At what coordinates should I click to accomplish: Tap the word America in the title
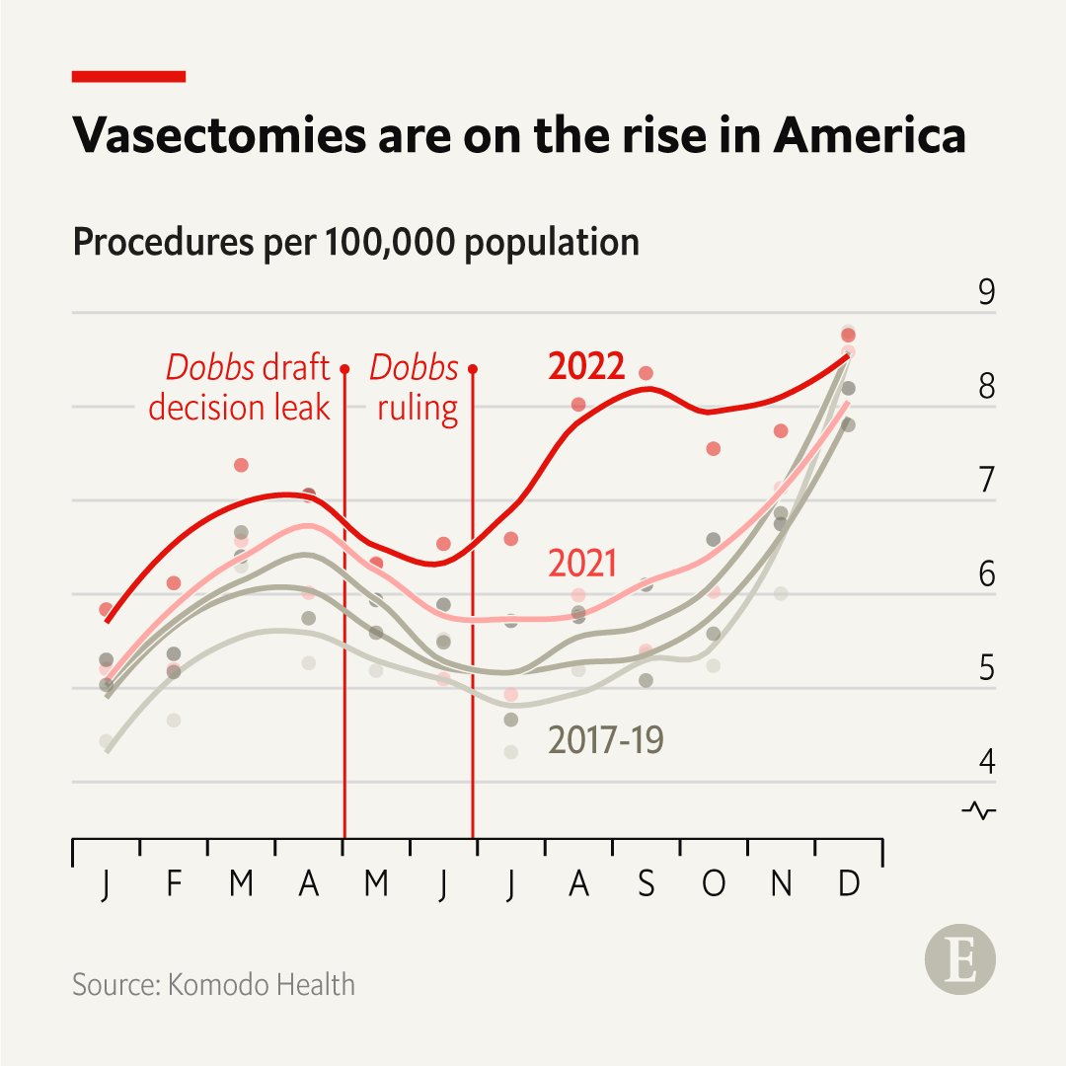[869, 135]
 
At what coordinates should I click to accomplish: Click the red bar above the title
[129, 76]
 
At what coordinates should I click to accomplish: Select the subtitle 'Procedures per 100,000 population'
[355, 242]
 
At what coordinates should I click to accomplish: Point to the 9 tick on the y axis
[986, 294]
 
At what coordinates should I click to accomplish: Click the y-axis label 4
[986, 762]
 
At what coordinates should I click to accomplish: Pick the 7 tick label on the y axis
[986, 481]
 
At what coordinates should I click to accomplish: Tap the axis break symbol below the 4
[979, 810]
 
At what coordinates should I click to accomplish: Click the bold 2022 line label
[586, 366]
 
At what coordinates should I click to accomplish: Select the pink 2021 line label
[582, 564]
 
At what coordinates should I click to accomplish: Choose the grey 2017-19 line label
[606, 740]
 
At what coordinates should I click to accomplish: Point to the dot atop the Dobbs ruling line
[473, 369]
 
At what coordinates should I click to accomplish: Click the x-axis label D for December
[848, 884]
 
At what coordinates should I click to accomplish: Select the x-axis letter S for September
[646, 884]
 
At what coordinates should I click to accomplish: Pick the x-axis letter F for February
[174, 884]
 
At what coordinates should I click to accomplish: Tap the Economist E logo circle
[959, 959]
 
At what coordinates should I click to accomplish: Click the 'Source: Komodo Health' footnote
[213, 984]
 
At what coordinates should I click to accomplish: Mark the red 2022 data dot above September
[647, 373]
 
